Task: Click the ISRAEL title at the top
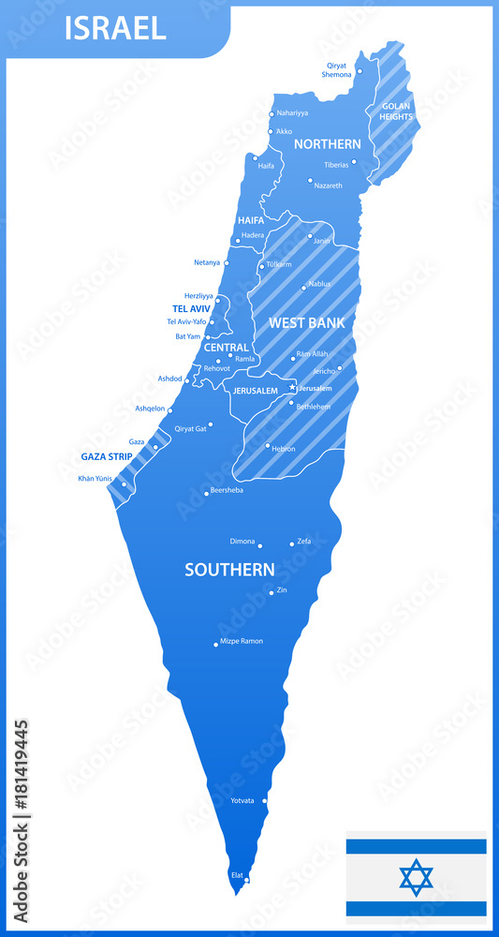[115, 28]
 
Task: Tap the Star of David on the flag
[416, 877]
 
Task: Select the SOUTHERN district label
[229, 570]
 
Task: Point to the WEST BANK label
[307, 322]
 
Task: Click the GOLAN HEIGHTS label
[396, 112]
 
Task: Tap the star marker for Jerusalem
[292, 386]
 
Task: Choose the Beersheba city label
[227, 490]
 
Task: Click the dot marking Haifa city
[255, 157]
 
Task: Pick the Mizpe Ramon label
[242, 641]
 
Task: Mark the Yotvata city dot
[265, 801]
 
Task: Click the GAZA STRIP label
[107, 456]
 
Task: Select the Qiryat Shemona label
[337, 69]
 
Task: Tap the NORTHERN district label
[327, 144]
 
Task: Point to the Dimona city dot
[260, 545]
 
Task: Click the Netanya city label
[207, 262]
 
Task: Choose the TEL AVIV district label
[191, 308]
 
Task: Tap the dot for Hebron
[268, 446]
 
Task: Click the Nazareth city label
[328, 186]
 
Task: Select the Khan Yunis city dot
[124, 484]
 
